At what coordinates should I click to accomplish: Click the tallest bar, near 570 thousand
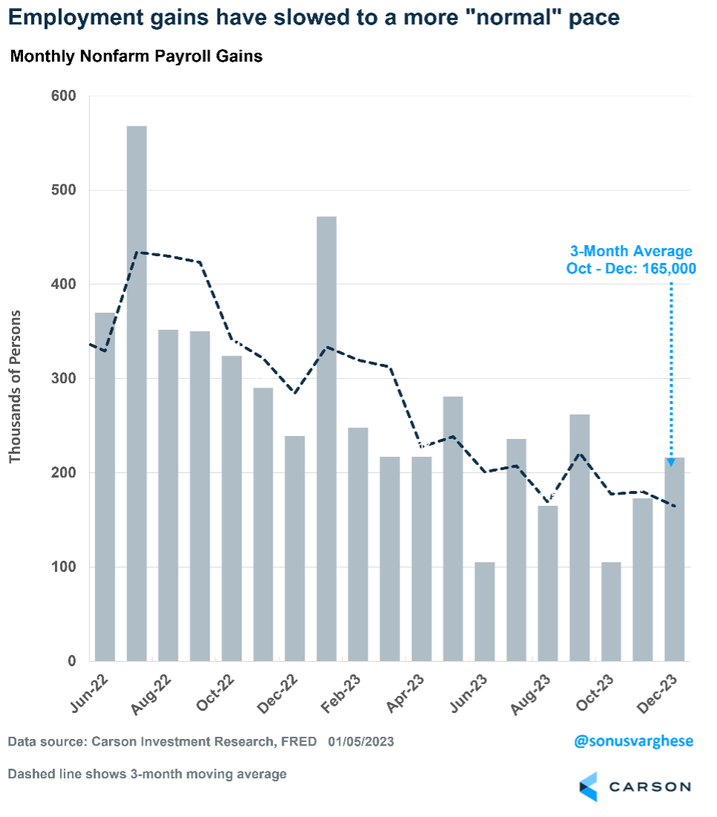137,394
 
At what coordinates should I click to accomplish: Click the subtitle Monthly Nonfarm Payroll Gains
136,56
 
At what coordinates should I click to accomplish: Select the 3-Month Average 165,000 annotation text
632,260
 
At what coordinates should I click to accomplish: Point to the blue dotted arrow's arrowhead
671,462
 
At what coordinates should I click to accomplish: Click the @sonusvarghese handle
634,741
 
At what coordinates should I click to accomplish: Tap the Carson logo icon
588,787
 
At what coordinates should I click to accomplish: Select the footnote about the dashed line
147,774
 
